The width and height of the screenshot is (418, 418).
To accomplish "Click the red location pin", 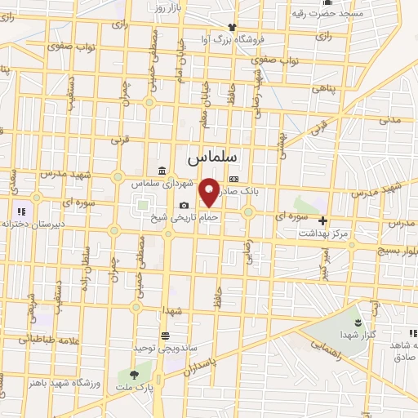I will tap(210, 192).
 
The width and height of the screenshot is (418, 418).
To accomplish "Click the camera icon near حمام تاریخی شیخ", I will tap(185, 205).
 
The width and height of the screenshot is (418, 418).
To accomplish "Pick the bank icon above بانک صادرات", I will tap(234, 179).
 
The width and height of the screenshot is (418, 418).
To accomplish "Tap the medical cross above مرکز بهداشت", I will tap(323, 220).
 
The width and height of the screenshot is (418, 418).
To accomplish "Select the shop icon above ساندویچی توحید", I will tap(166, 336).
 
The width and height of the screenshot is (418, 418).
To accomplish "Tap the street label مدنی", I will tap(389, 119).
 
